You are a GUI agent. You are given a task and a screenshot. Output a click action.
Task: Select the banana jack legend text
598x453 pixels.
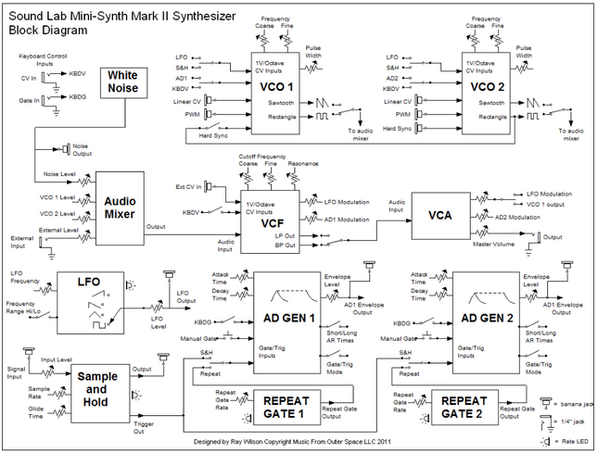tap(568, 379)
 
